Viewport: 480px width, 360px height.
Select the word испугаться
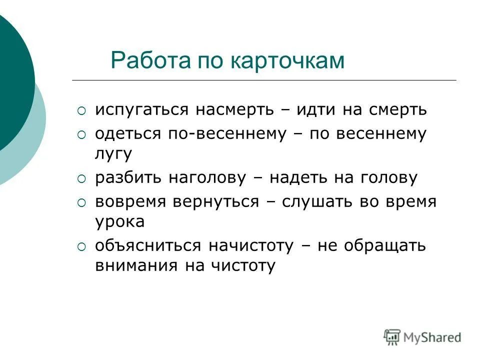coord(141,110)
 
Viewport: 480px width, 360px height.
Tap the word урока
coord(119,221)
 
